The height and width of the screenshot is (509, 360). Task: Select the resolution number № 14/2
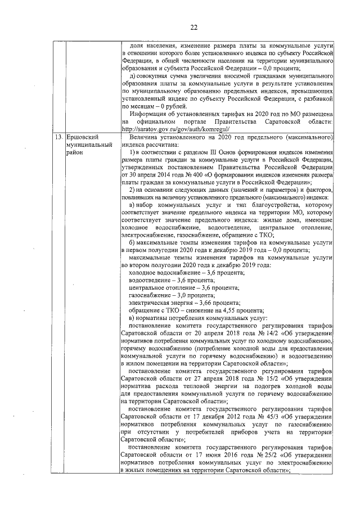click(263, 334)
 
